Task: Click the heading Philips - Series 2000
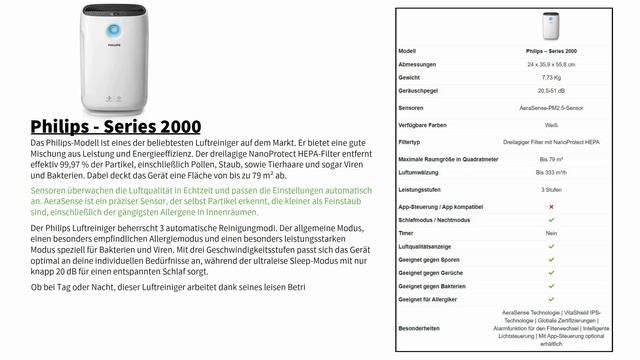tap(116, 127)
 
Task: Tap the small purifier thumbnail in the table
tap(550, 26)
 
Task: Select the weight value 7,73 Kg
tap(550, 76)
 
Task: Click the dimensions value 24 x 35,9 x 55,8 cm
tap(550, 63)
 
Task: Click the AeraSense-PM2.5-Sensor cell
tap(550, 107)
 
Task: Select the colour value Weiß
tap(550, 125)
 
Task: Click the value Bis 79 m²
tap(550, 159)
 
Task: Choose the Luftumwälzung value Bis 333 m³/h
tap(550, 172)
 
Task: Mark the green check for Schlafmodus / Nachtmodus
tap(550, 219)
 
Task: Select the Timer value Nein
tap(550, 232)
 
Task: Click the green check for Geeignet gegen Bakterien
tap(550, 285)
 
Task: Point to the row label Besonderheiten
tap(420, 326)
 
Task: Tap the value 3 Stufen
tap(550, 189)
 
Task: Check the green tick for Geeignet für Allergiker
tap(550, 298)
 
